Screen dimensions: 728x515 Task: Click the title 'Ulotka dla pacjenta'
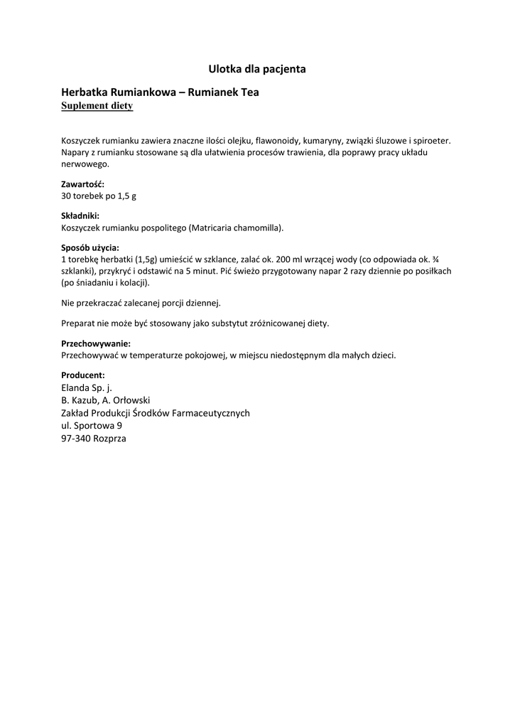click(257, 69)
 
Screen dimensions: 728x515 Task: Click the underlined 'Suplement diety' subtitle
click(97, 106)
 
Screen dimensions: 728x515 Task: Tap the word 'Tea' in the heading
click(249, 92)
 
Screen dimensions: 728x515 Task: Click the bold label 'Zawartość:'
click(83, 184)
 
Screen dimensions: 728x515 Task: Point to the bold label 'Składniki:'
click(80, 215)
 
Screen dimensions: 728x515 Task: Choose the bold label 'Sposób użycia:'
click(90, 247)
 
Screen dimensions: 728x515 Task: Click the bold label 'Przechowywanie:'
click(96, 343)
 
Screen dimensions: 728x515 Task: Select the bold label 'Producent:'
click(83, 375)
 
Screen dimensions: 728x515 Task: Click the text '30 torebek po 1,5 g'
click(99, 196)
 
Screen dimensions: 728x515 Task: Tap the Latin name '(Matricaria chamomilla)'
click(237, 227)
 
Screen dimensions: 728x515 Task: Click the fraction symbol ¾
click(445, 259)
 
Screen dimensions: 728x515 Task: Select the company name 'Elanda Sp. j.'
click(87, 387)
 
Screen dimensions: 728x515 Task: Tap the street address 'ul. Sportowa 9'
click(92, 426)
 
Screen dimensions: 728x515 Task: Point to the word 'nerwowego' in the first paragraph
click(84, 164)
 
